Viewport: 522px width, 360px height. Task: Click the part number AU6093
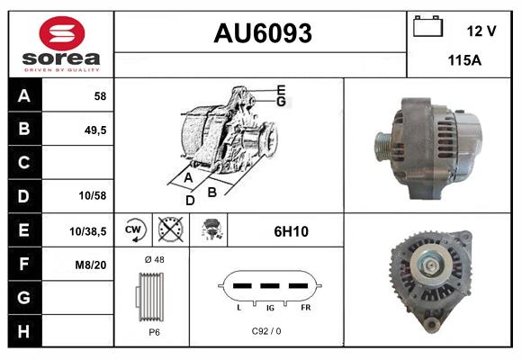(x=262, y=34)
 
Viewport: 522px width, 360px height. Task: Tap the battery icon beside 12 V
(x=428, y=28)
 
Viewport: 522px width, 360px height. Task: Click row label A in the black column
(x=23, y=95)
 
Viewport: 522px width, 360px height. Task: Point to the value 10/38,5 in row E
(x=88, y=230)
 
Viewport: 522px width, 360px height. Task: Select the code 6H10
(x=291, y=231)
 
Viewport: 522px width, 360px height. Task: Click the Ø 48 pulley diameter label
(x=153, y=260)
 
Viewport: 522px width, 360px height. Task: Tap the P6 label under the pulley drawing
(x=153, y=332)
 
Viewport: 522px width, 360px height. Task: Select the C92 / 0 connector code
(x=266, y=331)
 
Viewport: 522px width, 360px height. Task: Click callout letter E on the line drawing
(x=281, y=89)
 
